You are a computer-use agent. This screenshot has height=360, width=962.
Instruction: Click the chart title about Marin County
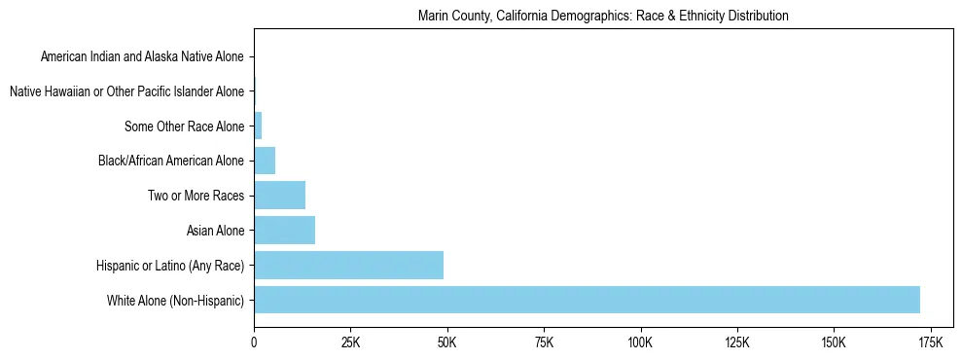(602, 17)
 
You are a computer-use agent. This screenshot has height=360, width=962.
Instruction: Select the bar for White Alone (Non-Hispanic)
(587, 300)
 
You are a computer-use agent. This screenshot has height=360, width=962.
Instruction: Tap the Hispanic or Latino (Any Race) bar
(348, 265)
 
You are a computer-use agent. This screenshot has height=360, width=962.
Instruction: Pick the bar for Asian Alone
(284, 230)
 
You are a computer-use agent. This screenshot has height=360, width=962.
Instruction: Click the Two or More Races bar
(279, 196)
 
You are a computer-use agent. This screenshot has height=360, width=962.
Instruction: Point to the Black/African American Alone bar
(265, 161)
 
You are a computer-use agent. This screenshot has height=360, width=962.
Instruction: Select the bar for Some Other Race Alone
(258, 126)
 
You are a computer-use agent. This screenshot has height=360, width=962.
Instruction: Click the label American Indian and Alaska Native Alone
(143, 56)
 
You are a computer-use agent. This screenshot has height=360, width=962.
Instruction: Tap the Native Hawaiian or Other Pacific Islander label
(126, 91)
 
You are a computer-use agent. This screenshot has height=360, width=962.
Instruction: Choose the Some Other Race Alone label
(185, 126)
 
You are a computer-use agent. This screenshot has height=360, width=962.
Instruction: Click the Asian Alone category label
(215, 231)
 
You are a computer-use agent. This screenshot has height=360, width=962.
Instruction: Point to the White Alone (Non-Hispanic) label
(176, 300)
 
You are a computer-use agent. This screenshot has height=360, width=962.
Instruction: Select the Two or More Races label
(196, 196)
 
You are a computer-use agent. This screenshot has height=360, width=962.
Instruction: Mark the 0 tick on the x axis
(254, 342)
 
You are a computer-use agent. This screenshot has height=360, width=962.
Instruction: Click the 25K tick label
(350, 342)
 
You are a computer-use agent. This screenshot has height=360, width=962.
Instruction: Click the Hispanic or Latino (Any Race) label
(170, 266)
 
